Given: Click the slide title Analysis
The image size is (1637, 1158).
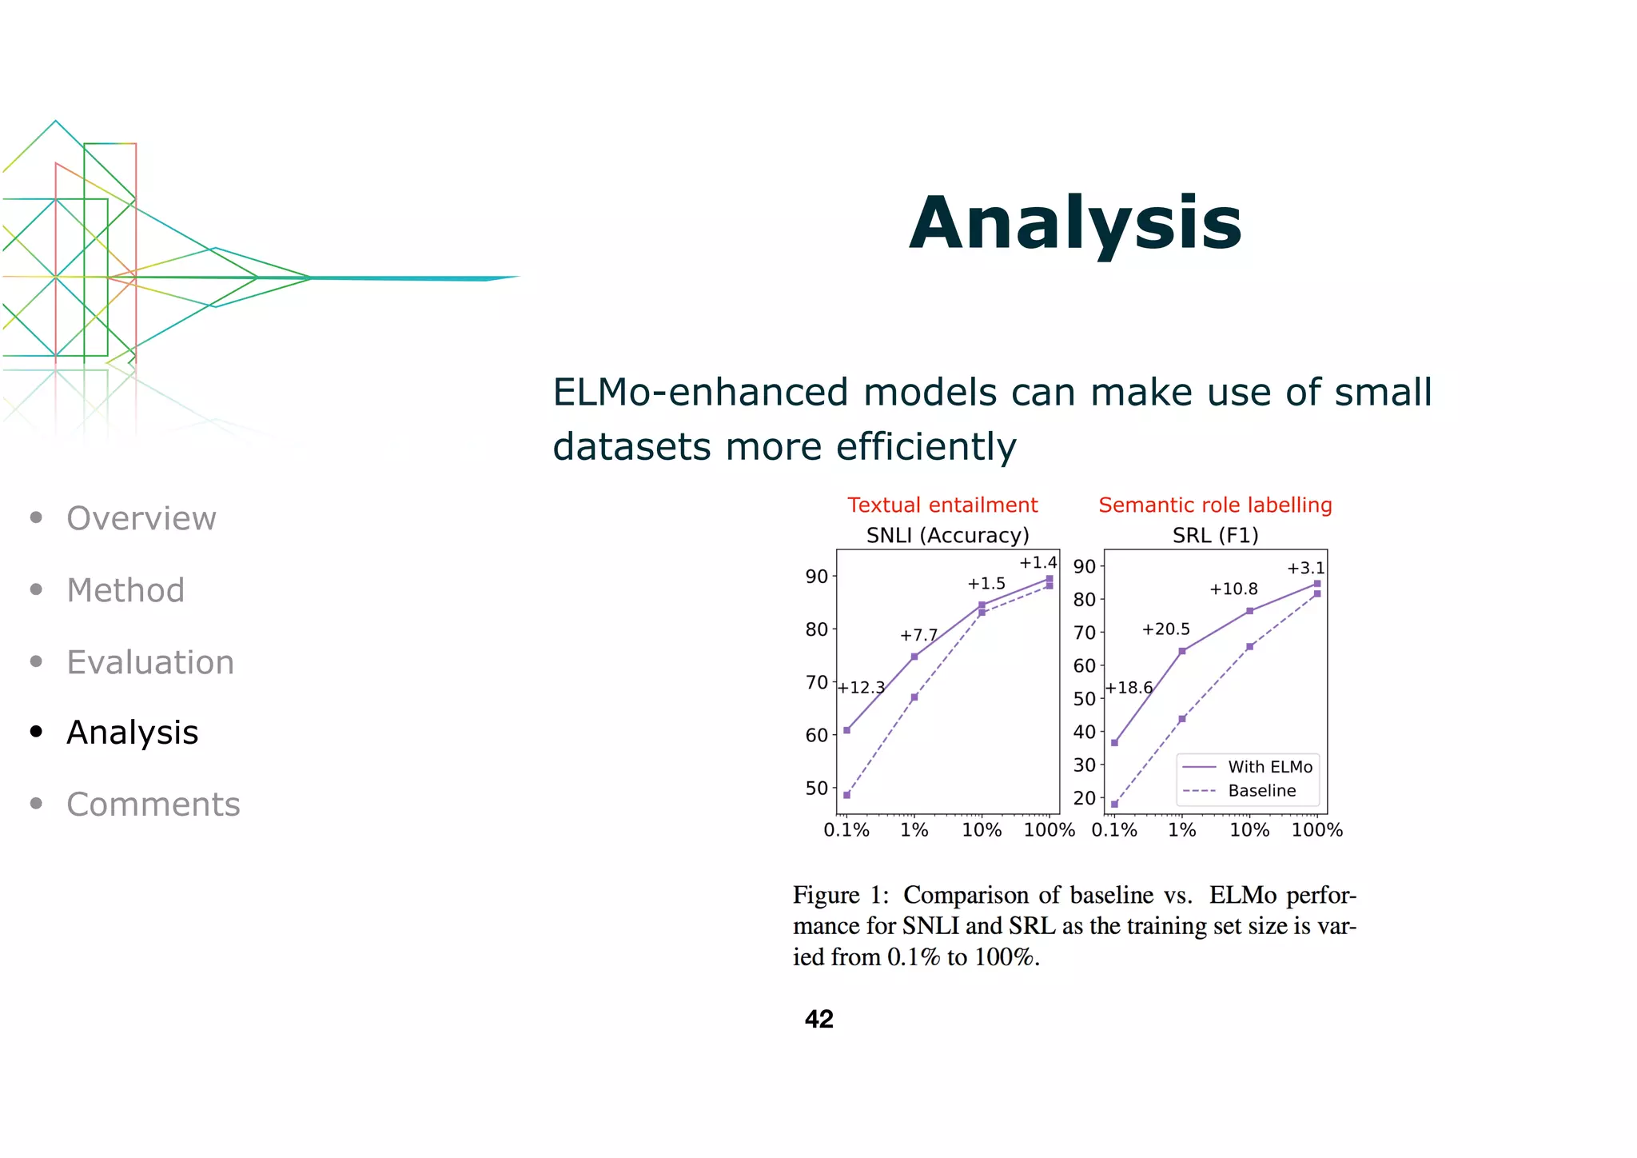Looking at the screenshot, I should pos(1075,224).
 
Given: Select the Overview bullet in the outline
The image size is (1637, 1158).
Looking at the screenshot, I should pos(141,518).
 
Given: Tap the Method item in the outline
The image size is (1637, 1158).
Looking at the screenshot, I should pos(125,590).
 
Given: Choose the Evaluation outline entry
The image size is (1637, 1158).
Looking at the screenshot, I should pos(150,662).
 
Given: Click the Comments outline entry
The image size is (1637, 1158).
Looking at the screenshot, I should pos(153,804).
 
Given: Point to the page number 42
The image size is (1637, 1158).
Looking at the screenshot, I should pos(818,1019).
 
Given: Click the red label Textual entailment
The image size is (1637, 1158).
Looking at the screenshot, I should pos(942,505).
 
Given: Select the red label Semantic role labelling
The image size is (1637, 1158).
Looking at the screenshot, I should pos(1215,505).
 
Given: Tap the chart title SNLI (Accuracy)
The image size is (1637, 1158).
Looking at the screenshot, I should pos(947,535).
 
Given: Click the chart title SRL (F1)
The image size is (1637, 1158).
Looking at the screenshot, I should pos(1215,535).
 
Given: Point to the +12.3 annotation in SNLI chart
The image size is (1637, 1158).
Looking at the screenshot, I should pos(861,688).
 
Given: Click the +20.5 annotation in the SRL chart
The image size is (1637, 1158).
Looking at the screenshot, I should pos(1165,629).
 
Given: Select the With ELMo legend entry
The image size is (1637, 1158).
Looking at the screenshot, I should pos(1269,767).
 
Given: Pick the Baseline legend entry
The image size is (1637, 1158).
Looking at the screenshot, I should pos(1261,791).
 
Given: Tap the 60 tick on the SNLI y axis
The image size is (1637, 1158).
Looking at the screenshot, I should pos(816,735).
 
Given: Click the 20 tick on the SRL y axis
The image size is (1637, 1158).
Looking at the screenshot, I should pos(1084,798).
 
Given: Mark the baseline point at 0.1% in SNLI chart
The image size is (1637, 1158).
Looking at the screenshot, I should pos(846,795).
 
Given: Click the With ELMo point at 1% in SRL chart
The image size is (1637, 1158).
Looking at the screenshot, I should pos(1182,651).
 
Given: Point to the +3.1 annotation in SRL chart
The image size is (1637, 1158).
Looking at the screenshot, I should pos(1305,569).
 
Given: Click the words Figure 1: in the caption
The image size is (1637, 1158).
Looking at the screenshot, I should pos(840,895).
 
